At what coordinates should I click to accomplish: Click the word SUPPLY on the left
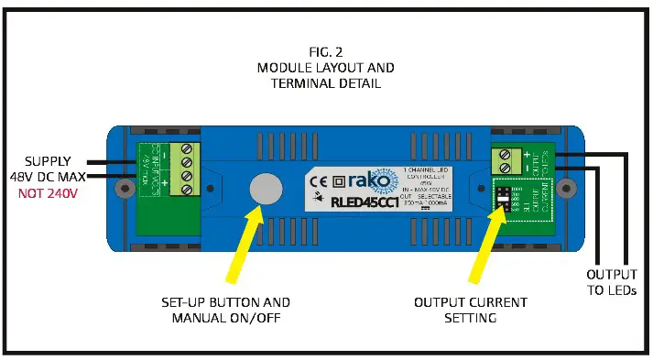click(x=49, y=159)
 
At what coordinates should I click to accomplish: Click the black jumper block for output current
click(x=502, y=199)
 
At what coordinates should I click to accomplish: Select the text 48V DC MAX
click(x=49, y=177)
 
